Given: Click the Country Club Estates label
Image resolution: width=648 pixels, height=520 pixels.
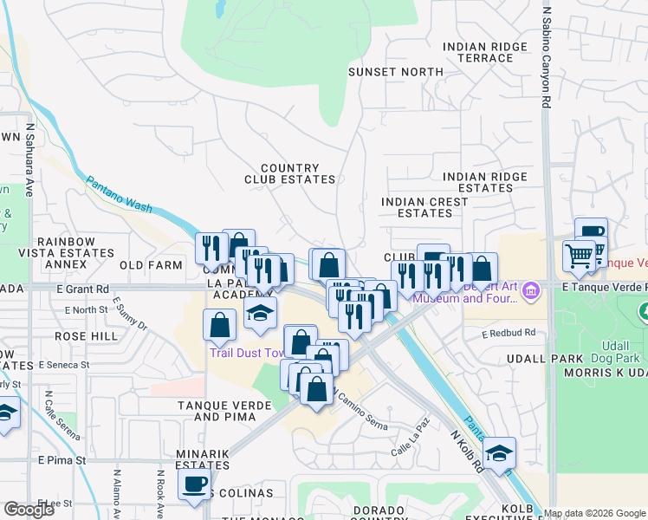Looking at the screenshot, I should tap(289, 173).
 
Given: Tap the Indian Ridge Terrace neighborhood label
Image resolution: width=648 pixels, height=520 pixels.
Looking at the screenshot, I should tap(484, 52).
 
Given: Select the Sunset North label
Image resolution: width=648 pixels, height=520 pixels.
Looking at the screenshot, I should tap(383, 72).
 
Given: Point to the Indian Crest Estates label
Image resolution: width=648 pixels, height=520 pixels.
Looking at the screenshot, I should tap(424, 207).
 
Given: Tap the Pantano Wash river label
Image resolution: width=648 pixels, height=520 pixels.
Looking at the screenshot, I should tap(119, 194).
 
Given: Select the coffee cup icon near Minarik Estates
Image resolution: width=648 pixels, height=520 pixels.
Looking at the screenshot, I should tap(195, 483).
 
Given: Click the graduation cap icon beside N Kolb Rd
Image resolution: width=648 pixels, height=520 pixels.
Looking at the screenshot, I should tap(498, 453).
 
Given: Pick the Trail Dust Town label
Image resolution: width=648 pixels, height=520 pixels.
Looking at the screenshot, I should tap(248, 353).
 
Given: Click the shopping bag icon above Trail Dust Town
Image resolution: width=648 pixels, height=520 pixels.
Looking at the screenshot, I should tap(220, 325).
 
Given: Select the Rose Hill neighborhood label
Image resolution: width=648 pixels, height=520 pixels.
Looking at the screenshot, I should tap(86, 335).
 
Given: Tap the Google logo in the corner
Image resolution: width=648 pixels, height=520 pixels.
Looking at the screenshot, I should tap(29, 509).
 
